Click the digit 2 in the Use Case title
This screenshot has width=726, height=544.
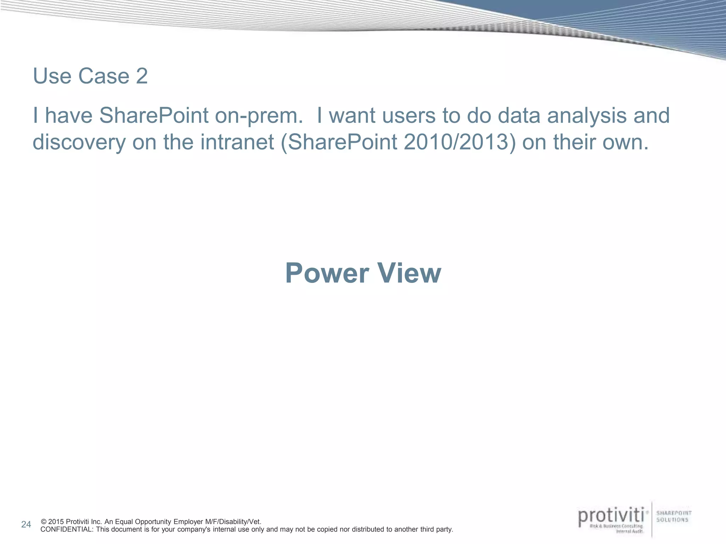pos(142,76)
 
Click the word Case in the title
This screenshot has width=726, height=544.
pos(104,76)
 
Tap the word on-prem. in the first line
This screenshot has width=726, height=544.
pos(259,115)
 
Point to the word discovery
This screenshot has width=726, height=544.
pos(79,142)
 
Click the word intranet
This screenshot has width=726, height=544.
pos(237,142)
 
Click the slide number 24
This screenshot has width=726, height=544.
pos(26,525)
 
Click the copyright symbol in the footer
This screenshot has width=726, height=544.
pos(44,522)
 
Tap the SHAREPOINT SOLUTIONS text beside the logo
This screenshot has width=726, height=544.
pos(674,516)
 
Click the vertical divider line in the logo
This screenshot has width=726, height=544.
pos(652,519)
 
